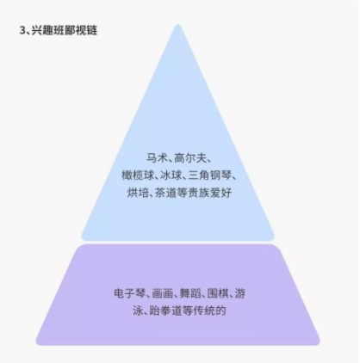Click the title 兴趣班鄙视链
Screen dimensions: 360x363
click(x=64, y=30)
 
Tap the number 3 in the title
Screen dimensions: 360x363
click(x=22, y=30)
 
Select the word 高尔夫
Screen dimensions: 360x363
click(x=189, y=158)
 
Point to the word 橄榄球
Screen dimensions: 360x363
click(x=138, y=175)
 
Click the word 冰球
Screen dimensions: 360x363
click(x=171, y=175)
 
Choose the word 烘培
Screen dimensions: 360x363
click(x=138, y=193)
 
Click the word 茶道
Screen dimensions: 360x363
click(x=165, y=193)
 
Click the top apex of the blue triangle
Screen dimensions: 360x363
click(x=178, y=25)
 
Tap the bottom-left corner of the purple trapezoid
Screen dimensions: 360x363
click(x=37, y=343)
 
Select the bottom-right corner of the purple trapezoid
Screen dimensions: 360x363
click(x=318, y=343)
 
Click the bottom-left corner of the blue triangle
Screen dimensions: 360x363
click(x=84, y=238)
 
